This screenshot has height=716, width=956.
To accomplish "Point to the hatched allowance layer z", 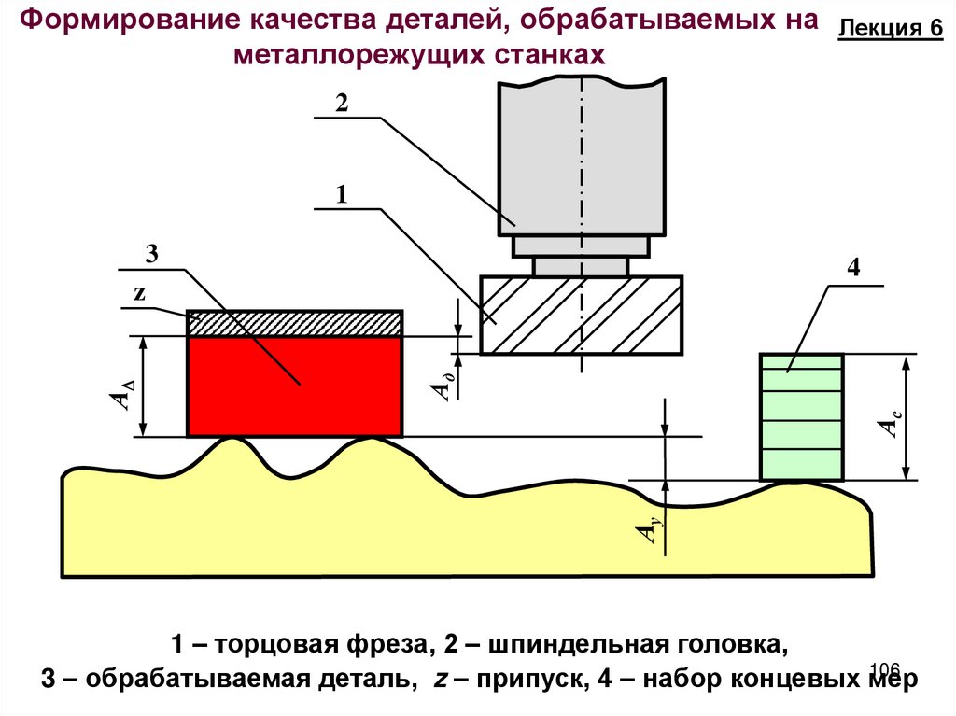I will [295, 323].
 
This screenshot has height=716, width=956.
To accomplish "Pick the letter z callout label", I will [140, 291].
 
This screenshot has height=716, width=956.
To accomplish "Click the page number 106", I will [883, 668].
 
